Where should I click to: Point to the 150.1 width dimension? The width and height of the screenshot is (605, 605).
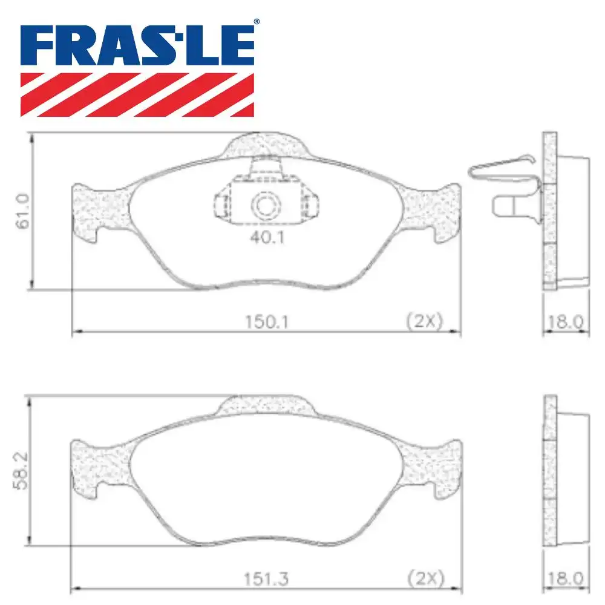(265, 321)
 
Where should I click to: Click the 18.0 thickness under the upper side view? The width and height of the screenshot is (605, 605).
(564, 321)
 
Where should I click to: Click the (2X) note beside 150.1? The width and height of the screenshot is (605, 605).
(425, 321)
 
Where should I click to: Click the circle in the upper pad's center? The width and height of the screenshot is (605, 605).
(264, 206)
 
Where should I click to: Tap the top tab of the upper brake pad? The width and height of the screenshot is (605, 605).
(264, 145)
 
